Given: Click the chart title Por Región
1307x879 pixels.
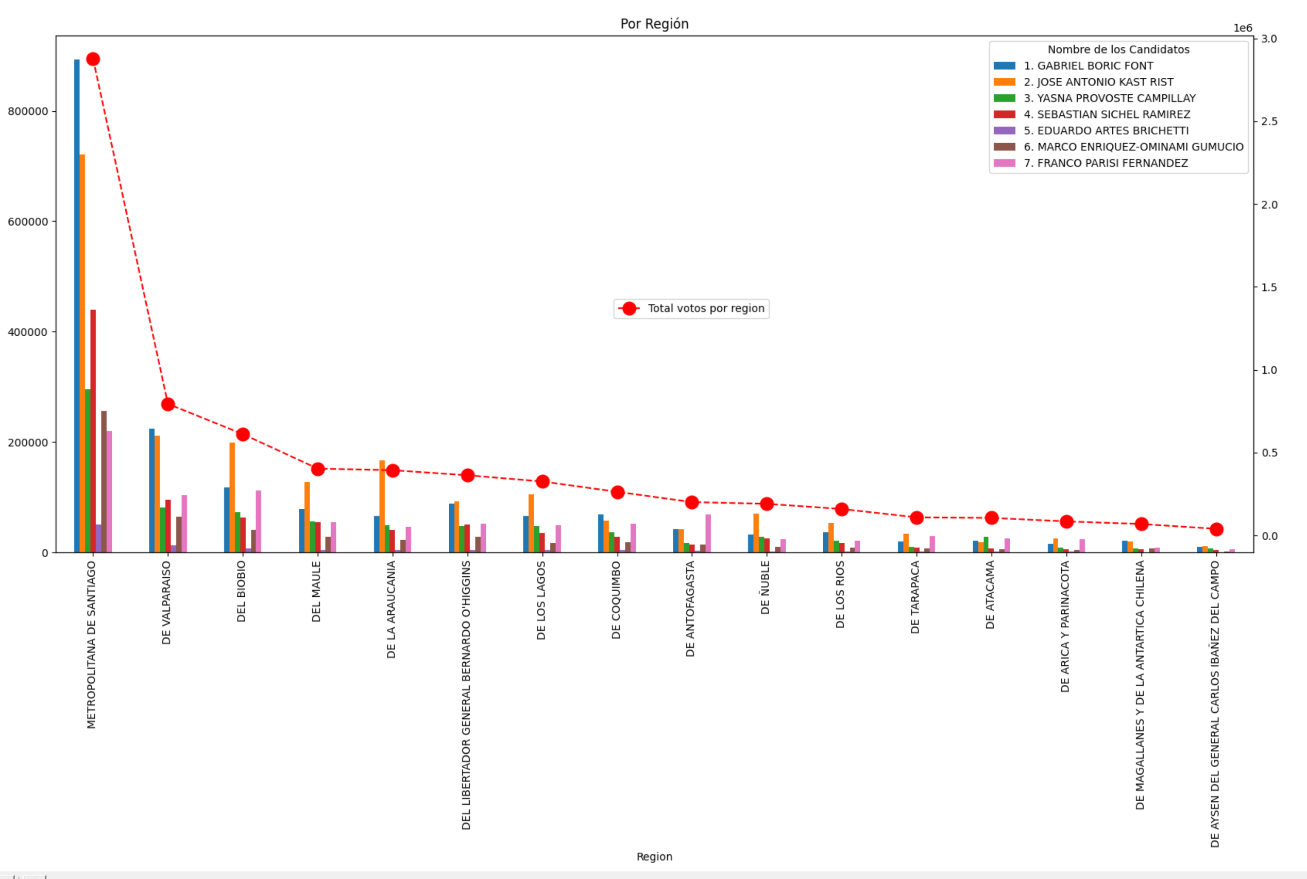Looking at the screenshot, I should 654,24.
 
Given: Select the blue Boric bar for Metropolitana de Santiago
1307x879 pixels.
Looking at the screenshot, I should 77,305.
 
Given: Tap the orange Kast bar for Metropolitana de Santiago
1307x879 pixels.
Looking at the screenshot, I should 82,353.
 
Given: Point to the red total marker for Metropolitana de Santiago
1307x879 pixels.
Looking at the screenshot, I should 93,59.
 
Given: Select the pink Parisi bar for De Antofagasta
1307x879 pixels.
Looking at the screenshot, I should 708,533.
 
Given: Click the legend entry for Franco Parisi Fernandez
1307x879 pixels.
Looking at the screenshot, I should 1105,163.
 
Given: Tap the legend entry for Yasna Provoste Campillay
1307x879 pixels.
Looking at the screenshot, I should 1109,99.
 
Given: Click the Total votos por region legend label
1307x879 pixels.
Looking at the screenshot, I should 706,308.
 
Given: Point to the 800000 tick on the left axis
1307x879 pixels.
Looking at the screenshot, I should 28,112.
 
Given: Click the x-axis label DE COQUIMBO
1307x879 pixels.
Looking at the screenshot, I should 616,600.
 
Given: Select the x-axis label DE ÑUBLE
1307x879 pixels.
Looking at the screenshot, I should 766,588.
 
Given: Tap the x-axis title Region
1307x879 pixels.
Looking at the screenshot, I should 654,856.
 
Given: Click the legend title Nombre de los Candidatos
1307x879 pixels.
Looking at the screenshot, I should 1118,50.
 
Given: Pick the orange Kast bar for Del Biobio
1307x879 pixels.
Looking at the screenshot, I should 232,497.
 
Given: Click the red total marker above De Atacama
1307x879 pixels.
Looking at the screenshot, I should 991,518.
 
